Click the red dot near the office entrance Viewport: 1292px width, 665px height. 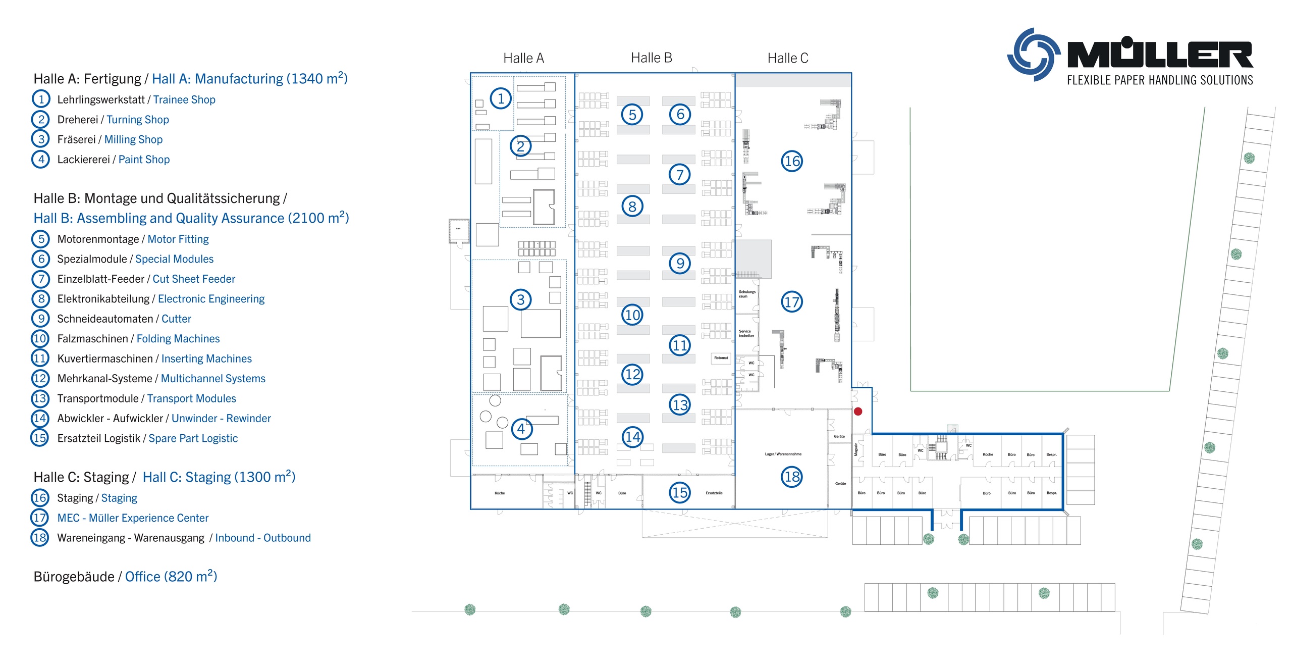tap(858, 412)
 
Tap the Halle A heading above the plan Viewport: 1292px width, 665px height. tap(523, 59)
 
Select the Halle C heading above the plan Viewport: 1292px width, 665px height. tap(787, 59)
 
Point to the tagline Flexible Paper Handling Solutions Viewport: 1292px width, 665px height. tap(1160, 80)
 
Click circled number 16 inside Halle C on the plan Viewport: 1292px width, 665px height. tap(792, 162)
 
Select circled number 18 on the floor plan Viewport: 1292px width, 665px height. tap(792, 477)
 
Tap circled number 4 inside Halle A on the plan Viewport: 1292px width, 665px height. tap(521, 429)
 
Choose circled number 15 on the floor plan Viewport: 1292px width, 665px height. tap(680, 492)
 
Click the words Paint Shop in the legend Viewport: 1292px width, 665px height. tap(144, 160)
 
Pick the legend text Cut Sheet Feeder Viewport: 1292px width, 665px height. tap(194, 279)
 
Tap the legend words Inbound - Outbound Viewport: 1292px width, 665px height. tap(262, 538)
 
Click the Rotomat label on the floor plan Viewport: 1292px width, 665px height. tap(721, 358)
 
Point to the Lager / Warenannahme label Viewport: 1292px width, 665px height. tap(783, 454)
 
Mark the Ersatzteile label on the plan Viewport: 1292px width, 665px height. tap(714, 493)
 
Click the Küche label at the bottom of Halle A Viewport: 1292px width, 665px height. tap(500, 493)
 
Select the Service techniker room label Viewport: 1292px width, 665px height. tap(746, 334)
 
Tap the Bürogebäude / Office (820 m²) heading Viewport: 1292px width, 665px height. tap(125, 577)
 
